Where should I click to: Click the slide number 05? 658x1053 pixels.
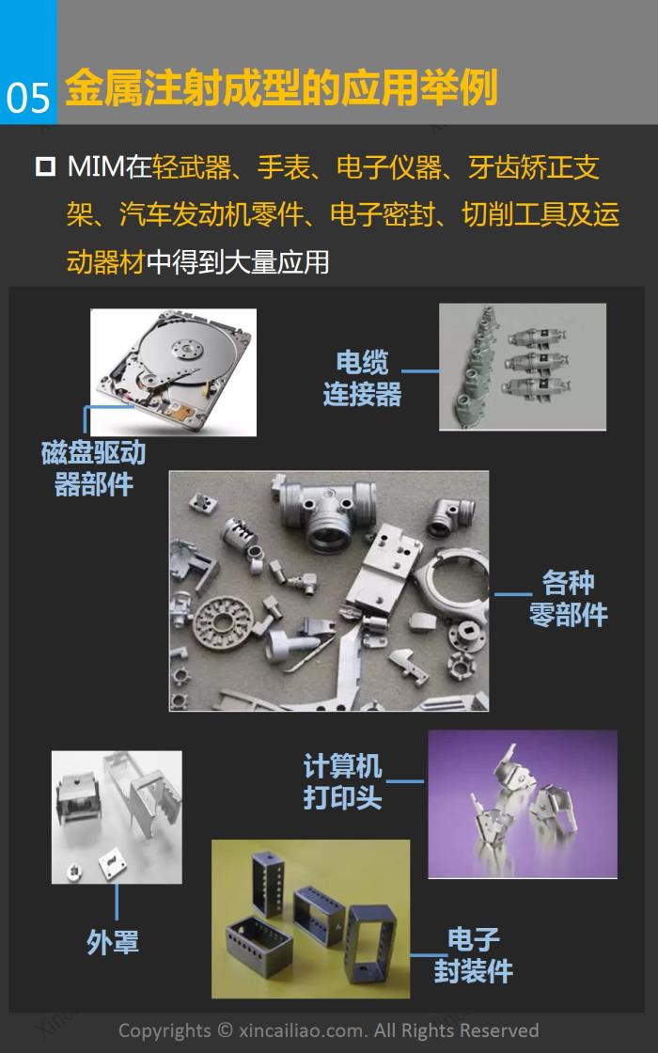28,98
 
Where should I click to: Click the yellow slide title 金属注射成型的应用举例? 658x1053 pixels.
281,87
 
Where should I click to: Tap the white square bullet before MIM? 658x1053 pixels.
45,165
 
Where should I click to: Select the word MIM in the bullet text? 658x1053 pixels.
96,166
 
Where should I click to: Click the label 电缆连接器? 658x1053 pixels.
362,379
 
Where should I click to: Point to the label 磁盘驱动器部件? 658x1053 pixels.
93,468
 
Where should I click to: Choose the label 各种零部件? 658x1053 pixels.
568,598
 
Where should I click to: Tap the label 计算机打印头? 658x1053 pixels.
342,781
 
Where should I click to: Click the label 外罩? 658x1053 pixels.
113,942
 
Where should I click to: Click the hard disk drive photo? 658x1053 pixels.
173,372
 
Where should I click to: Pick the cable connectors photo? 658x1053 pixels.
523,367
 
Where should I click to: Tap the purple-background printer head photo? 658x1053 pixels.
523,804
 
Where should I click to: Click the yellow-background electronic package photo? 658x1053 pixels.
311,919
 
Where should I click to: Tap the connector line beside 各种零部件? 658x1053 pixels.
513,594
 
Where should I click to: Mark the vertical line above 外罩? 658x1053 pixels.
117,902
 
